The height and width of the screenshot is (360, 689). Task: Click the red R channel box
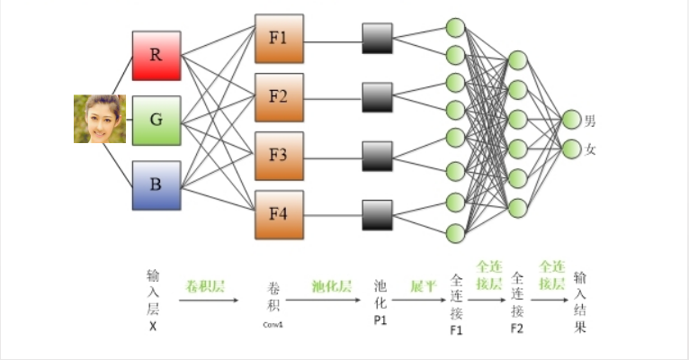[x=157, y=55]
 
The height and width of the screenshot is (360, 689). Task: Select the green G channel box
[x=157, y=120]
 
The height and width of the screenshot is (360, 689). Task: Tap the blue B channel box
[x=157, y=185]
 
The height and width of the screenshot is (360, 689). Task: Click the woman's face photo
[x=99, y=119]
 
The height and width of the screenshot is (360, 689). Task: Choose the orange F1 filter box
[x=279, y=39]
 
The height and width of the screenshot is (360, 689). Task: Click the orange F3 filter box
[x=279, y=156]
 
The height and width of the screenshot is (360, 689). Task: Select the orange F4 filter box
[x=279, y=215]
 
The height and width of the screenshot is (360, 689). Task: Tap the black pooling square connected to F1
[x=378, y=39]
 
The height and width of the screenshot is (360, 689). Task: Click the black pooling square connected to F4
[x=378, y=215]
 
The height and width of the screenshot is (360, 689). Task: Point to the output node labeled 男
[x=570, y=120]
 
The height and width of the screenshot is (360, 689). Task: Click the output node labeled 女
[x=570, y=148]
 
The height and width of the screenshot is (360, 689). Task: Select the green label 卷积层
[x=205, y=285]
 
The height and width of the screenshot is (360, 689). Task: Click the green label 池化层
[x=330, y=285]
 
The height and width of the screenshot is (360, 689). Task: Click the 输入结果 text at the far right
[x=582, y=301]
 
